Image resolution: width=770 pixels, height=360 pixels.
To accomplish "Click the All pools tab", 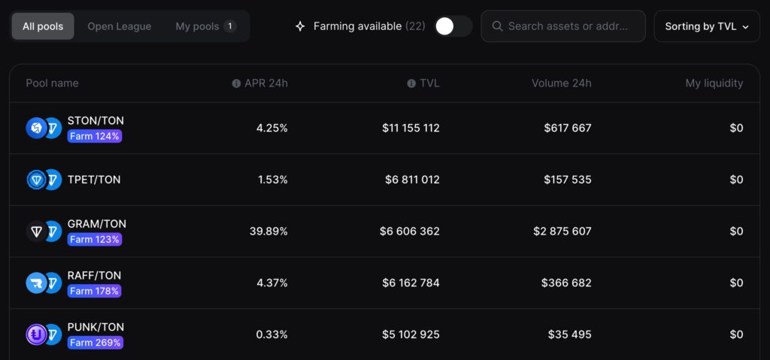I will [43, 26].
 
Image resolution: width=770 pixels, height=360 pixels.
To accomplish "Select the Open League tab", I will [119, 26].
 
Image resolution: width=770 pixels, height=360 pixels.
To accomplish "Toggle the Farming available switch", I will [453, 26].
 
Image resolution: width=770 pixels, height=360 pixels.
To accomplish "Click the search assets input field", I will [564, 26].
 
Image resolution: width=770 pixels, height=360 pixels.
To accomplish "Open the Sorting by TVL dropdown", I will [707, 26].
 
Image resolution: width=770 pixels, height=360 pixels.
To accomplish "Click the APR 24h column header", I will [265, 83].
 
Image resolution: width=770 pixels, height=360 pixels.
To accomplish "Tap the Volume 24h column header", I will [561, 83].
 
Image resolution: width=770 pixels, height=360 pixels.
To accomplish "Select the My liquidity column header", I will [714, 83].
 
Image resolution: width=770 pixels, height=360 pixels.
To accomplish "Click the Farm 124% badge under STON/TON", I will [94, 136].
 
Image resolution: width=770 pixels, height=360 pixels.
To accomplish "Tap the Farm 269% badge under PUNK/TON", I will [94, 343].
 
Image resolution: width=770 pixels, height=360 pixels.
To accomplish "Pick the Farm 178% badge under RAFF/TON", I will [94, 291].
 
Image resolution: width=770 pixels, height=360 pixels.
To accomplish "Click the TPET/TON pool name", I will [94, 180].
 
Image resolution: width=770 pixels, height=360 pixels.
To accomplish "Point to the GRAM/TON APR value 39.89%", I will [268, 231].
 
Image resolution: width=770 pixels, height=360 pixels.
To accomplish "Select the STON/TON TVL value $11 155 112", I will [411, 129].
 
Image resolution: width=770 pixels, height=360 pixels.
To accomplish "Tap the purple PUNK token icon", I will [36, 334].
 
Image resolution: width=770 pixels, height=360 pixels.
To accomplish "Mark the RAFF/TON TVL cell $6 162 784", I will [411, 283].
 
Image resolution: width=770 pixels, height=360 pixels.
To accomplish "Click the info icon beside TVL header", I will [411, 83].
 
